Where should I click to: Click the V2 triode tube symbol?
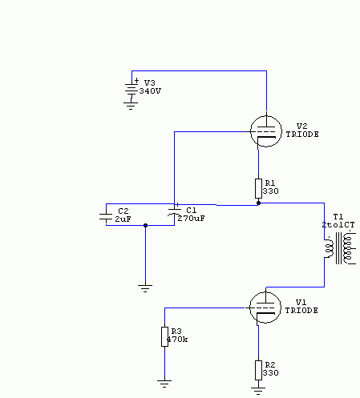coord(266,131)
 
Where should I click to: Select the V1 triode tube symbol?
coord(265,308)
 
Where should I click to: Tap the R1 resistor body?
coord(258,188)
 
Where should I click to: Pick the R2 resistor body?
coord(258,370)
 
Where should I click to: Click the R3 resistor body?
coord(164,336)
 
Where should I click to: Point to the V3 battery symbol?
coord(131,89)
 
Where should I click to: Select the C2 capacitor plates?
coord(106,217)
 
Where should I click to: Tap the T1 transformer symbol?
coord(340,248)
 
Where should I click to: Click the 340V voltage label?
coord(150,91)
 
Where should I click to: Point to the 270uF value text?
coord(191,219)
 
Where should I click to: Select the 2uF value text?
coord(123,219)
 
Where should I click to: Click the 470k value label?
coord(177,340)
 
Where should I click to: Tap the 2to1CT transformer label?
coord(338,225)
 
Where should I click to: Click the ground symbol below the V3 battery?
coord(131,106)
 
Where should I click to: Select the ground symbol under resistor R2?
coord(258,391)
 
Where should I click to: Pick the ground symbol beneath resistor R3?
coord(164,384)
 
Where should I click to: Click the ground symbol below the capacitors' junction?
coord(145,288)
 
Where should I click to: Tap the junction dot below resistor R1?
coord(258,203)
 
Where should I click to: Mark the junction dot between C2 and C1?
coord(145,226)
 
